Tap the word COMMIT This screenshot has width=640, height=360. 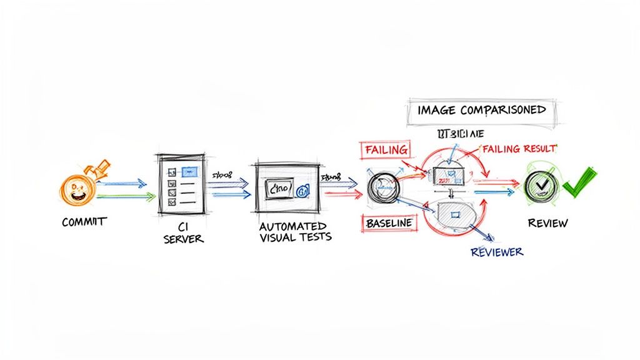click(84, 222)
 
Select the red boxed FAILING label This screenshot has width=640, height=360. click(385, 150)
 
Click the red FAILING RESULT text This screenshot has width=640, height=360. click(518, 149)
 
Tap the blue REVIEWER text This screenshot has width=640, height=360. click(496, 252)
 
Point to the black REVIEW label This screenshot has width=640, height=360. click(547, 223)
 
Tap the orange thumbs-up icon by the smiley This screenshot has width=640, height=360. click(98, 169)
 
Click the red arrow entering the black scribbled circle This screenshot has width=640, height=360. click(344, 193)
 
